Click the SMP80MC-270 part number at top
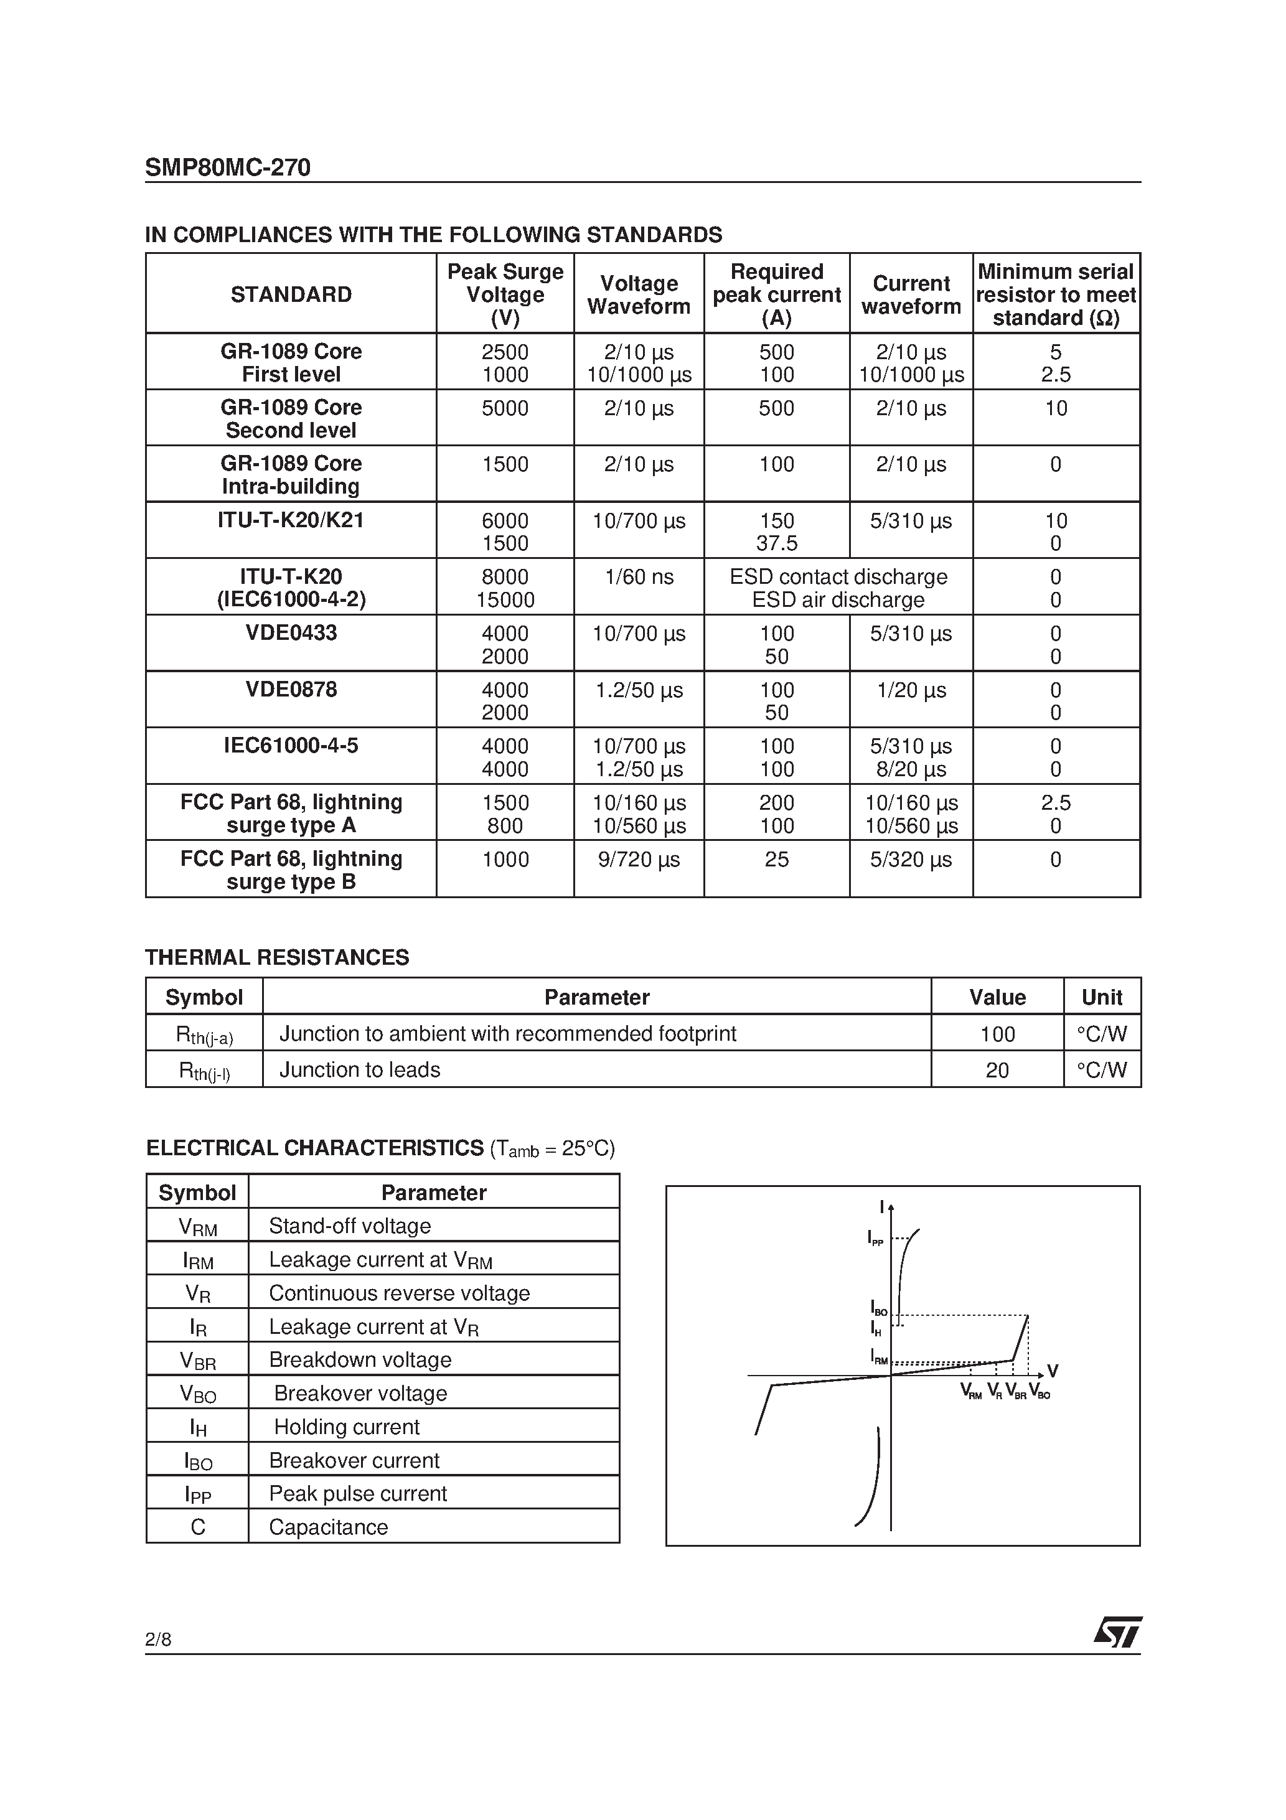tap(228, 167)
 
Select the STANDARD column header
tap(291, 295)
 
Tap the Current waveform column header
tap(911, 295)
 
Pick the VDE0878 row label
tap(291, 689)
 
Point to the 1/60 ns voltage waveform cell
tap(639, 577)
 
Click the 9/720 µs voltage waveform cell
tap(639, 859)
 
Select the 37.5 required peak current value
tap(776, 544)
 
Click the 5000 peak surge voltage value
tap(505, 408)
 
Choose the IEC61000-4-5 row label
tap(291, 745)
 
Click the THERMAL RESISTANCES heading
tap(277, 957)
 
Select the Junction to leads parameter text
tap(360, 1070)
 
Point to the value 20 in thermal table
tap(997, 1071)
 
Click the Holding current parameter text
tap(347, 1427)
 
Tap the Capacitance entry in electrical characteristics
tap(328, 1527)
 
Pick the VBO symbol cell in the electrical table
tap(197, 1394)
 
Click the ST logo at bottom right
tap(1118, 1632)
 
